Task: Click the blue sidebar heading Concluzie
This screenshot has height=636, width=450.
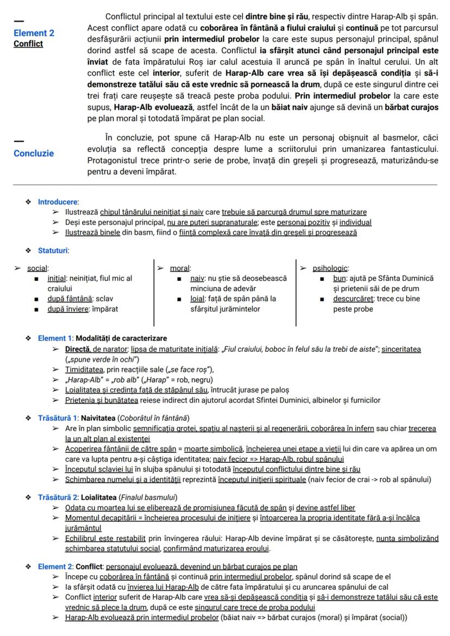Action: (34, 153)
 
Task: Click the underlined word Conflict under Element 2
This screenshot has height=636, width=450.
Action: (28, 43)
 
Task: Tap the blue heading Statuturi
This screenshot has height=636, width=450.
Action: (53, 250)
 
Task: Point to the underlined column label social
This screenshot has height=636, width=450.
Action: (37, 268)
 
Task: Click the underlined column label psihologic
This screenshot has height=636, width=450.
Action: (330, 268)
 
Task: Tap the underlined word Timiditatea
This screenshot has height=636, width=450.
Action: (86, 369)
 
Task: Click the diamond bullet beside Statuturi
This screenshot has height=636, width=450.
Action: (28, 250)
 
